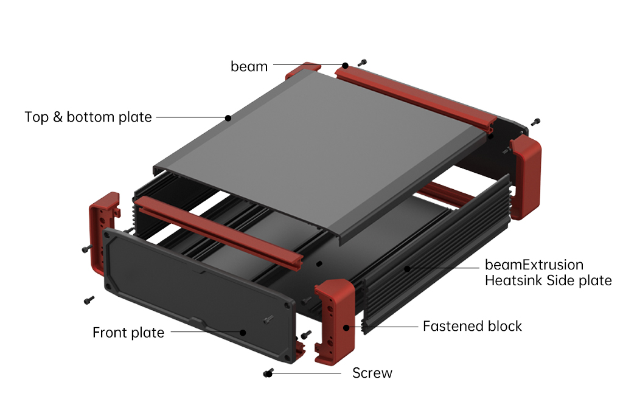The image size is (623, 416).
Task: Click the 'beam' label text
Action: (x=249, y=66)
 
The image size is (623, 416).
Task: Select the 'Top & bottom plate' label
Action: (x=88, y=117)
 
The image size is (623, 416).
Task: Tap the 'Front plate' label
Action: (x=128, y=333)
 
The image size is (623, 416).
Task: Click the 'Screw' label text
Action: (x=372, y=373)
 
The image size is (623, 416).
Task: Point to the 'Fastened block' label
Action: (x=472, y=326)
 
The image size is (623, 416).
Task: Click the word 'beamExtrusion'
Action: (x=534, y=265)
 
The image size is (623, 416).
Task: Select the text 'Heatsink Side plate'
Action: (x=548, y=280)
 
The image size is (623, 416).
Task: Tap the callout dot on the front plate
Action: (x=243, y=333)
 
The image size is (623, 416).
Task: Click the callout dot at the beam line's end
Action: (x=345, y=65)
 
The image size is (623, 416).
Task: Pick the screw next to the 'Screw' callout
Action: (x=268, y=373)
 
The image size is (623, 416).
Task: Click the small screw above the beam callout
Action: (x=363, y=62)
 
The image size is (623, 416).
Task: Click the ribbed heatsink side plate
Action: (x=438, y=268)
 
